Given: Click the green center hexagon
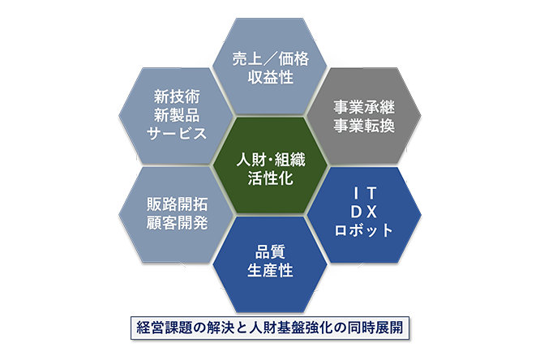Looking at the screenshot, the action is [x=270, y=165].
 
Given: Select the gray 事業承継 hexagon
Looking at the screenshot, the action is [x=364, y=116].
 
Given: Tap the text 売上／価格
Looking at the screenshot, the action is [x=270, y=59].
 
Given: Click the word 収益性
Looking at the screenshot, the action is [x=270, y=77].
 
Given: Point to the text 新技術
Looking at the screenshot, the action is [x=177, y=96].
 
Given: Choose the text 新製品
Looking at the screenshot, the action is [x=177, y=114].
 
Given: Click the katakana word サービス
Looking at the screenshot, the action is [x=177, y=133].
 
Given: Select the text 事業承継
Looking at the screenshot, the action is [x=364, y=107].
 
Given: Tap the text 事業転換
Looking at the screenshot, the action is [x=364, y=126].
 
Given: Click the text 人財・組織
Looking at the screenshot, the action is [x=270, y=160].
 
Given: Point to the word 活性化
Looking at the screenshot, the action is [x=270, y=178].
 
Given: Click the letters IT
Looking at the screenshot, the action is [x=365, y=194].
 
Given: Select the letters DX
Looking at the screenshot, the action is [x=364, y=212].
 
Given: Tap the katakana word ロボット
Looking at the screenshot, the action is [x=364, y=230].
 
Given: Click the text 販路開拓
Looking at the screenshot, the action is [x=177, y=204].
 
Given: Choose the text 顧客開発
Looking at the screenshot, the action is [x=177, y=222].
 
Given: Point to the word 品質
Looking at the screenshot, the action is [x=270, y=252].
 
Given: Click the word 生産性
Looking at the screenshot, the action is [x=270, y=270].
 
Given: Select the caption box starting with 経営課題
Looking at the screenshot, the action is [x=270, y=328].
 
